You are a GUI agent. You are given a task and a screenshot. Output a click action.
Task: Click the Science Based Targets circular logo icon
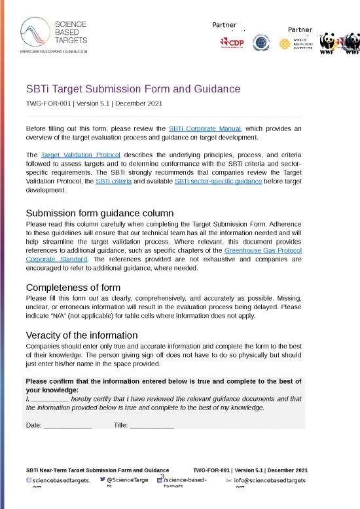[x=33, y=31]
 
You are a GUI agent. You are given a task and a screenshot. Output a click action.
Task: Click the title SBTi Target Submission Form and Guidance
[x=133, y=88]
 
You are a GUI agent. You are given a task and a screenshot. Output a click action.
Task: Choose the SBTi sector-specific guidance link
[x=219, y=181]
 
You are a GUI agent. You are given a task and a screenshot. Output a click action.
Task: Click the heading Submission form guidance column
[x=99, y=213]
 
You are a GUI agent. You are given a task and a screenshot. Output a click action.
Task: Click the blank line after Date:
[x=67, y=425]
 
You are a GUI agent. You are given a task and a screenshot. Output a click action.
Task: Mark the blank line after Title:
[x=152, y=425]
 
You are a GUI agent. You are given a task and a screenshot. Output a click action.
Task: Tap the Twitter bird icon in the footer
[x=103, y=480]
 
